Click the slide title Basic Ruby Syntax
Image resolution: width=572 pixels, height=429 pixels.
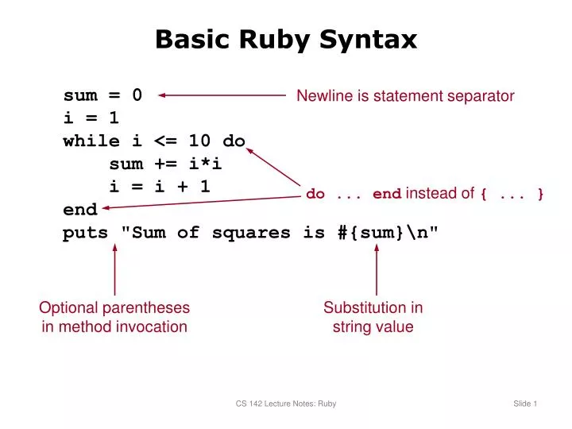point(286,39)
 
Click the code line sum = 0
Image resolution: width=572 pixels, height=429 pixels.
point(102,95)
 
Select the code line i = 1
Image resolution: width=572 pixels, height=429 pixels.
point(91,118)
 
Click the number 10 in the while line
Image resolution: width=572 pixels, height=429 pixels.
point(200,141)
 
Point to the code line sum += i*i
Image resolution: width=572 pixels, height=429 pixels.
point(165,164)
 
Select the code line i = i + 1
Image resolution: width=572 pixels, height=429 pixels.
point(160,187)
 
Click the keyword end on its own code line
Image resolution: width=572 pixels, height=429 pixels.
point(80,210)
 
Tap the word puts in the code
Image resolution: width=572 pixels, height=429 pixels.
point(85,233)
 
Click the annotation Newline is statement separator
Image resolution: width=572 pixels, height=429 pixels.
point(405,96)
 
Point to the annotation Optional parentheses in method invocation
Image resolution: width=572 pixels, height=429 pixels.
point(114,317)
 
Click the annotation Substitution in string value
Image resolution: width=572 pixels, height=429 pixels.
point(373,317)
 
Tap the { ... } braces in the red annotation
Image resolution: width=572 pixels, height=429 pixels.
point(512,194)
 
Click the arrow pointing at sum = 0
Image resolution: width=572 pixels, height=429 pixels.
point(222,95)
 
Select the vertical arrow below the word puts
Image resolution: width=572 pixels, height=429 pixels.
point(115,270)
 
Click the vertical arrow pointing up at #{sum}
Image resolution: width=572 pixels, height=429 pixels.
point(377,270)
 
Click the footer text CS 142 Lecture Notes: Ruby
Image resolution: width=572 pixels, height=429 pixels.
point(286,404)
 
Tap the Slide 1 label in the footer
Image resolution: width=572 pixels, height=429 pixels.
point(525,404)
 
